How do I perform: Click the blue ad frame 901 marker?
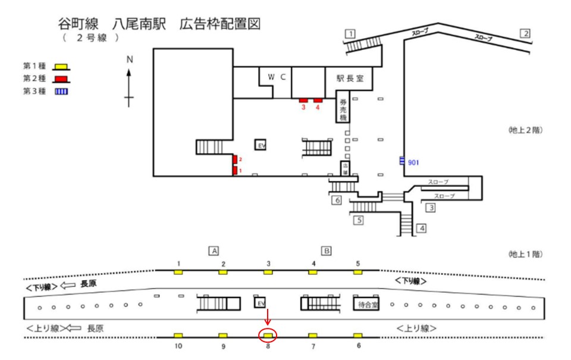click(402, 161)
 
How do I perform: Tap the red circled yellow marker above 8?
click(268, 336)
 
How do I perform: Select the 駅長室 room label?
click(354, 78)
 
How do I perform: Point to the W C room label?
click(277, 77)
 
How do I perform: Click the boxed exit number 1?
click(351, 33)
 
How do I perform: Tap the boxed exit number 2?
click(525, 33)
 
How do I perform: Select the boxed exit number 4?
click(421, 228)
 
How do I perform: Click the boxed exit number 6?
click(337, 201)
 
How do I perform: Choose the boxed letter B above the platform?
click(327, 251)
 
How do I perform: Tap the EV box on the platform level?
click(260, 303)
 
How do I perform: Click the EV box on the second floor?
click(260, 145)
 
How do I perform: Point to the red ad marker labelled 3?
click(303, 100)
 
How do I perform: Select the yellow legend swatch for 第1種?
click(59, 67)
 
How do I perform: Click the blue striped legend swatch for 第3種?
click(59, 90)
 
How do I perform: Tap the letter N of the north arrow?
click(129, 59)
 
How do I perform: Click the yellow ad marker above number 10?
click(177, 336)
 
